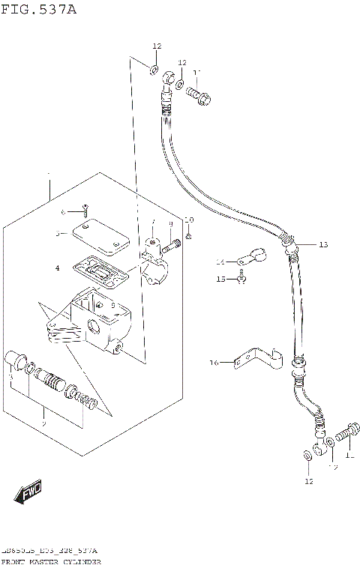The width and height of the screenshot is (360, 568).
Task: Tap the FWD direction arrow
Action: [28, 492]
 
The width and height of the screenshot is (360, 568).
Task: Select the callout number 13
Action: [323, 245]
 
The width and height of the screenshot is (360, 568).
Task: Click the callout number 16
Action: [213, 363]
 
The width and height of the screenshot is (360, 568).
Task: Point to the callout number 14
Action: [220, 262]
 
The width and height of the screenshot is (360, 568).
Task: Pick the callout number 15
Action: [220, 279]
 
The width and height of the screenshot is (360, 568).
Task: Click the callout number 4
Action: [56, 267]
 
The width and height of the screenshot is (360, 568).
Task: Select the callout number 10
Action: [189, 220]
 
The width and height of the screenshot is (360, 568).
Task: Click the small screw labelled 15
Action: [241, 280]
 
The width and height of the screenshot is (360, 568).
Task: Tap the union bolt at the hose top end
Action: [199, 95]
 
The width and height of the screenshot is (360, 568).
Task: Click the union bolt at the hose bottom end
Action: [340, 433]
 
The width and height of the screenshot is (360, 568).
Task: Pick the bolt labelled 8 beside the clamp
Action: [174, 243]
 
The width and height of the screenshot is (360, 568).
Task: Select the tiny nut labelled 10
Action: [189, 235]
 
